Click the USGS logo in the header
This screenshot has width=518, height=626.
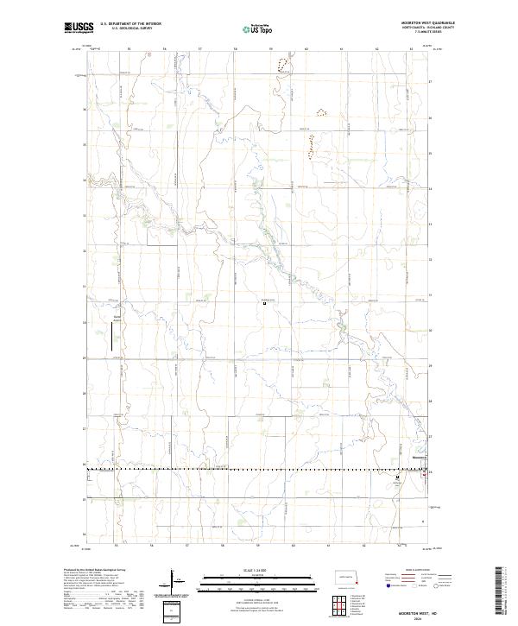point(79,28)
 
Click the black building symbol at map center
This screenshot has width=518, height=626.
point(265,302)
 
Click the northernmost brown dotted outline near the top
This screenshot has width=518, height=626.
point(281,63)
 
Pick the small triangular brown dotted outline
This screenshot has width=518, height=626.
point(321,111)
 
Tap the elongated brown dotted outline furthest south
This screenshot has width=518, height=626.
point(310,148)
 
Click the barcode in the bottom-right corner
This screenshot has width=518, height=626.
point(500,592)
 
